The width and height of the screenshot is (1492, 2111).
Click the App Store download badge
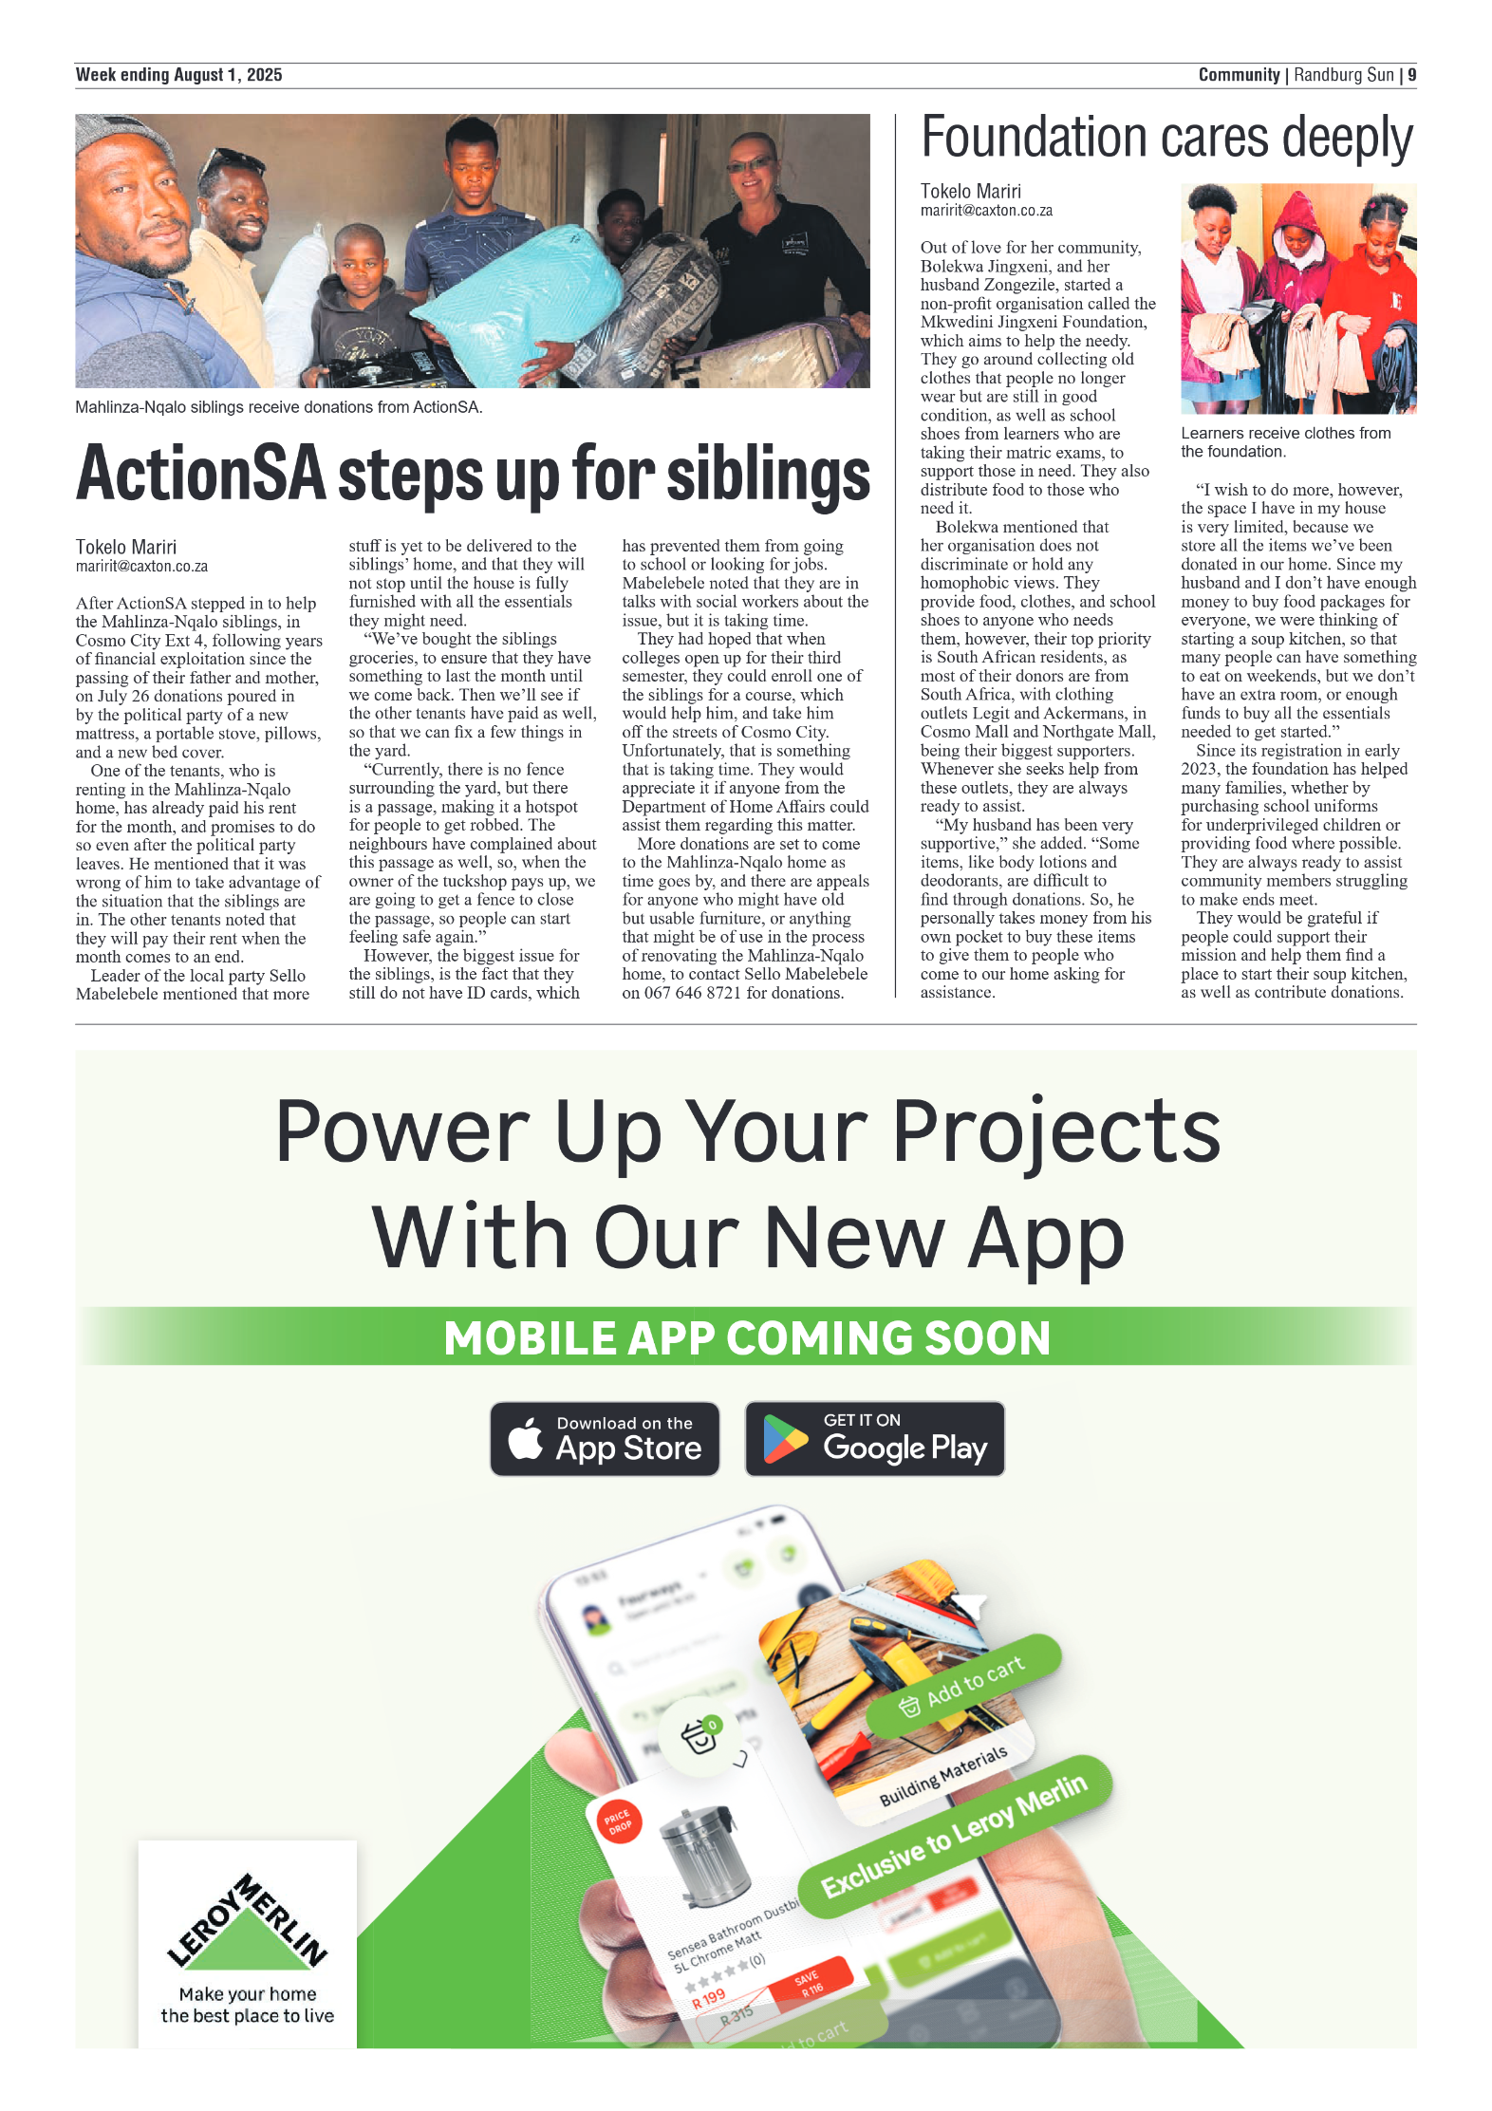[x=605, y=1438]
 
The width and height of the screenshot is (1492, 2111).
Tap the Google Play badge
[x=874, y=1438]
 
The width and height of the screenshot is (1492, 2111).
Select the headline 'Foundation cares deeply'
[x=1166, y=139]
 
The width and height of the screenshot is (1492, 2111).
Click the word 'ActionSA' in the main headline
[x=201, y=474]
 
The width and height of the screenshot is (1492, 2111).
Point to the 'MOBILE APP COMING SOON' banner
[x=746, y=1337]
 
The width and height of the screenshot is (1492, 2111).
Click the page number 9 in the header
[x=1411, y=75]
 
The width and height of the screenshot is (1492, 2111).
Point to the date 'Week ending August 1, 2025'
[x=178, y=75]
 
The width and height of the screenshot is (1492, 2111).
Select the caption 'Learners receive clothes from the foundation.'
[x=1285, y=442]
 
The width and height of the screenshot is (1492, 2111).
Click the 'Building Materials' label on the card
[x=942, y=1776]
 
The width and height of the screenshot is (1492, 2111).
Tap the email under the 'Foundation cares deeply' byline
[x=986, y=211]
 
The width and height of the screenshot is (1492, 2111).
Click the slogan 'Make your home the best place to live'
[x=248, y=2005]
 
